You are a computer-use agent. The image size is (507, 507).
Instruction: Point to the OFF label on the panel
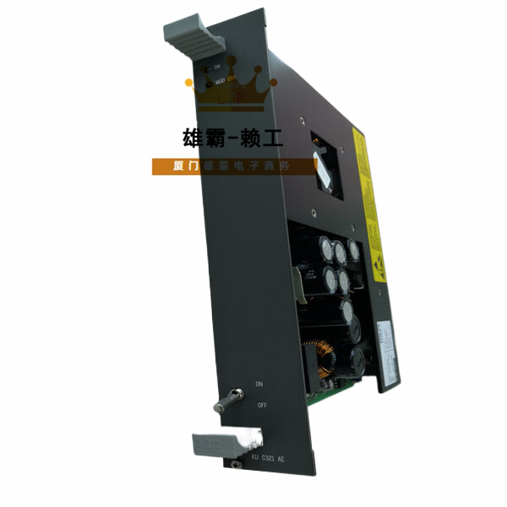[x=262, y=406]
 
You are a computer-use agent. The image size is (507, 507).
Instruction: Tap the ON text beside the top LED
[x=217, y=66]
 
